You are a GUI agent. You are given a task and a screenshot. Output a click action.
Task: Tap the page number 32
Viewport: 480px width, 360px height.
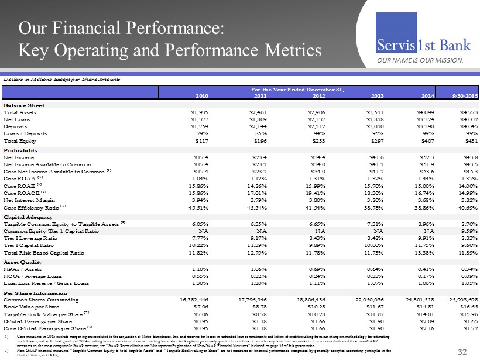(x=464, y=351)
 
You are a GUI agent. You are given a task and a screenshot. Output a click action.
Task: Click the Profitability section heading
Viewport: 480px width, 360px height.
(x=22, y=150)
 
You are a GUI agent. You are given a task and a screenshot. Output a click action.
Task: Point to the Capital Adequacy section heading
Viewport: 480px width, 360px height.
(x=28, y=217)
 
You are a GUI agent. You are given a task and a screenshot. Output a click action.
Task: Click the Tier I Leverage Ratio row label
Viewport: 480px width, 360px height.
(x=30, y=239)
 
